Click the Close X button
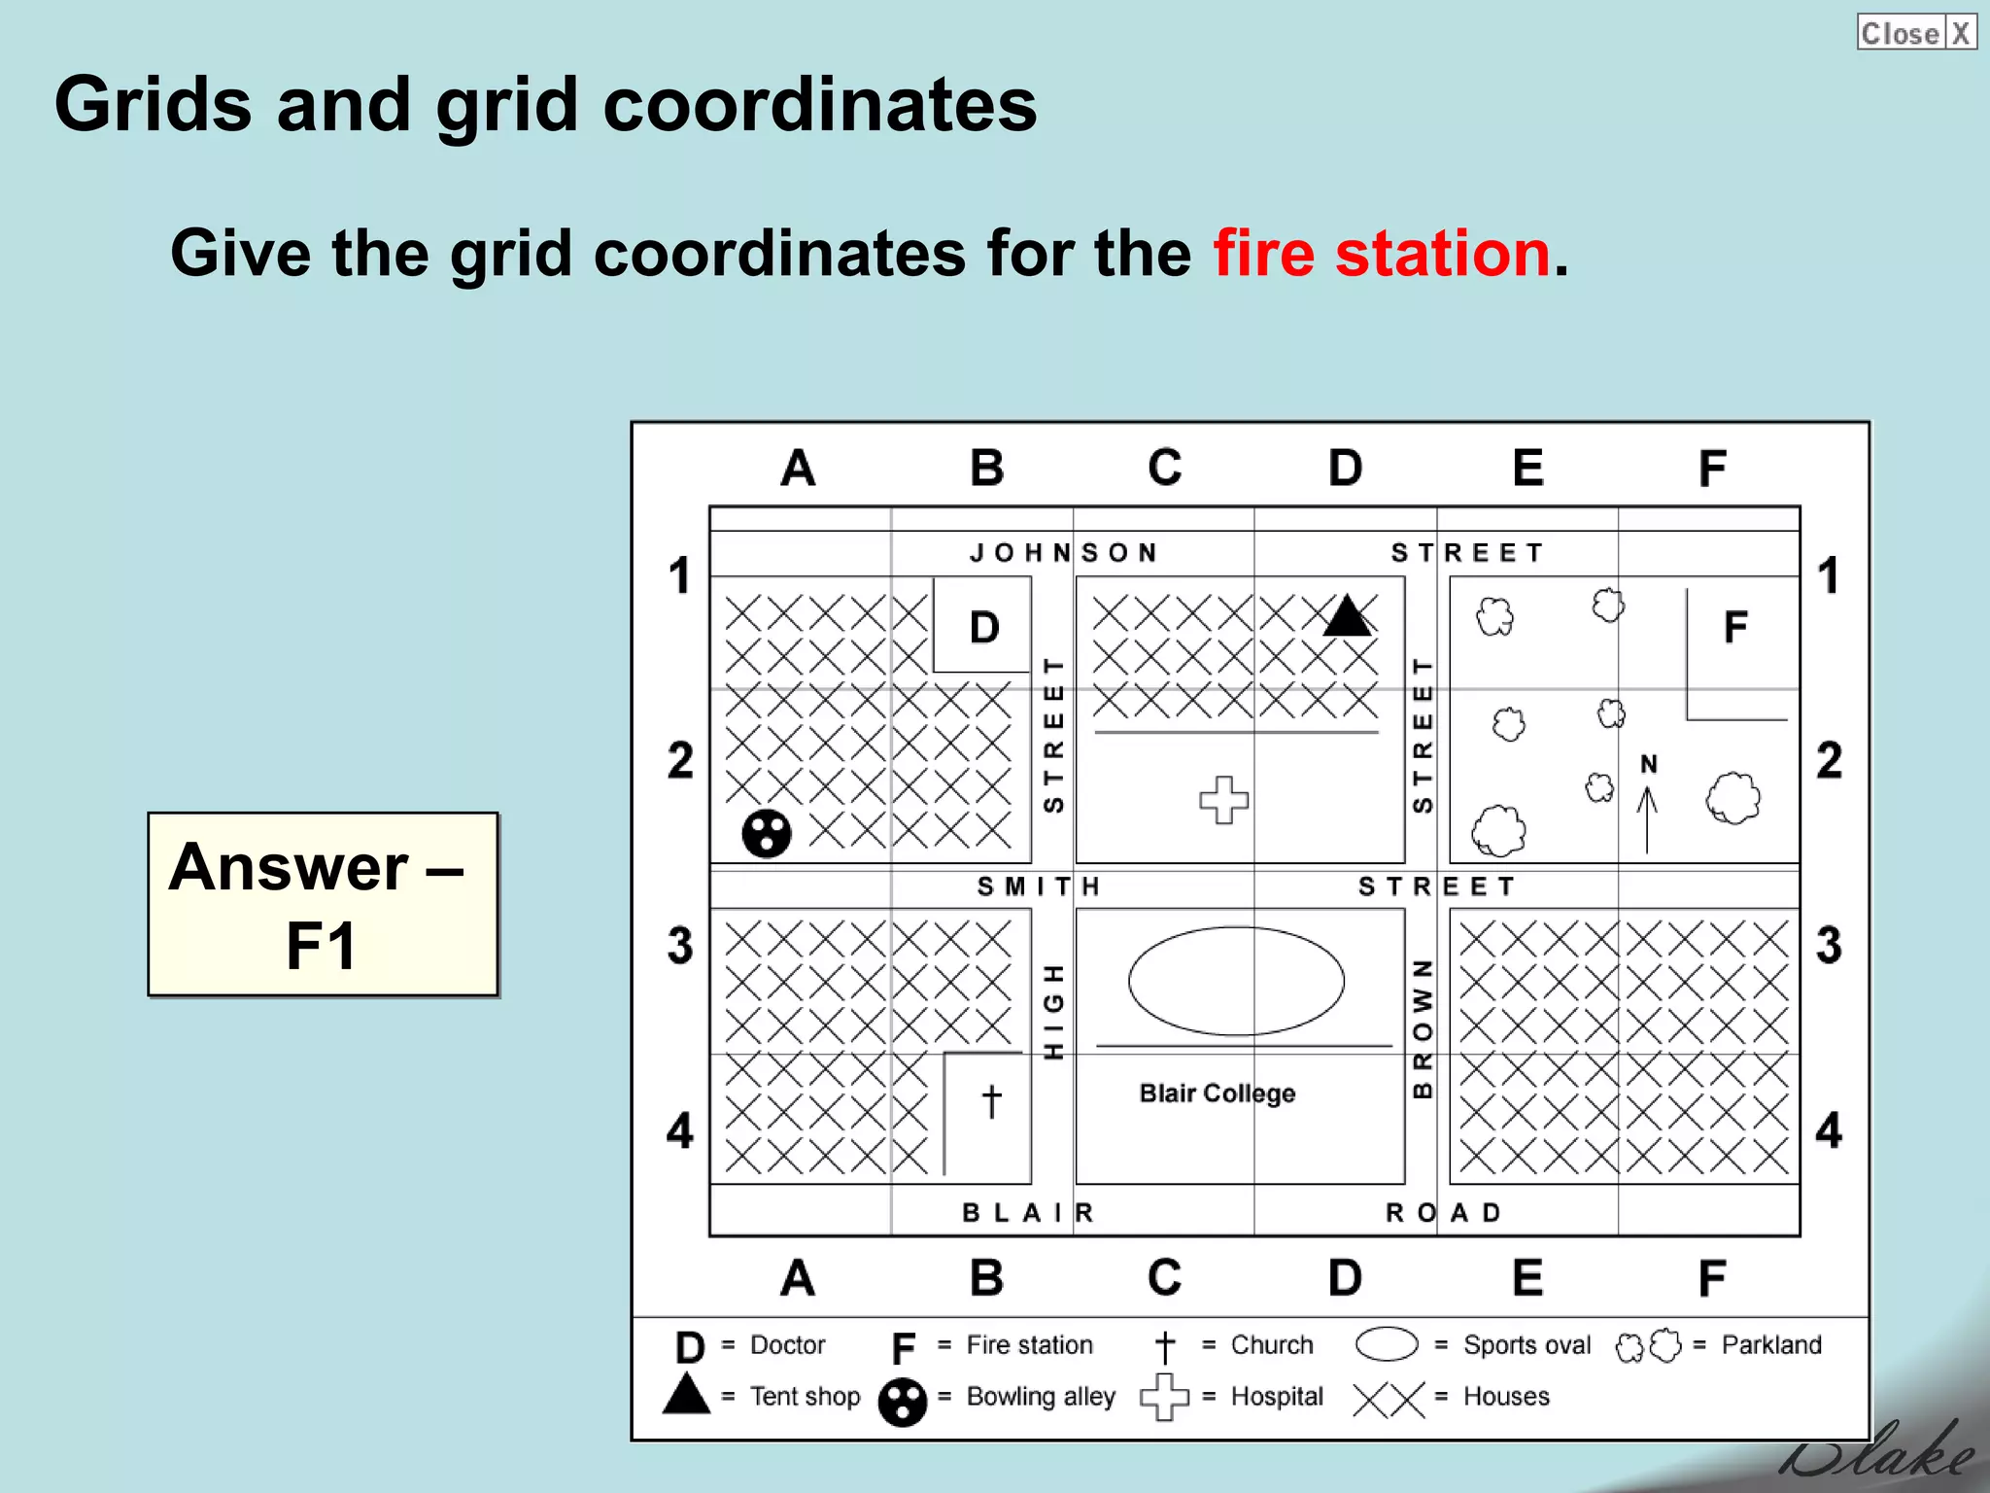[x=1915, y=33]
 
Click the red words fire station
[x=1381, y=254]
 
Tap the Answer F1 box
[x=323, y=904]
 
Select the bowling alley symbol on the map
[x=767, y=833]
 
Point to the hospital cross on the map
[x=1223, y=800]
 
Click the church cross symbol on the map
[x=991, y=1101]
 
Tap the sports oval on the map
[x=1236, y=981]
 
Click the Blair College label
[x=1217, y=1094]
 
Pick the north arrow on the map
[x=1647, y=807]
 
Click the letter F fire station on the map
[x=1735, y=628]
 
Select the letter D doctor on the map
[x=984, y=628]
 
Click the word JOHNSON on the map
[x=1063, y=553]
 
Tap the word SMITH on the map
[x=1038, y=886]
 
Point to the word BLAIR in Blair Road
[x=1028, y=1213]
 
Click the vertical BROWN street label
[x=1422, y=1028]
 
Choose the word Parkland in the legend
[x=1770, y=1345]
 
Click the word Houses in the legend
[x=1506, y=1397]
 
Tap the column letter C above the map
[x=1164, y=468]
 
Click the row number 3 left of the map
[x=680, y=945]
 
